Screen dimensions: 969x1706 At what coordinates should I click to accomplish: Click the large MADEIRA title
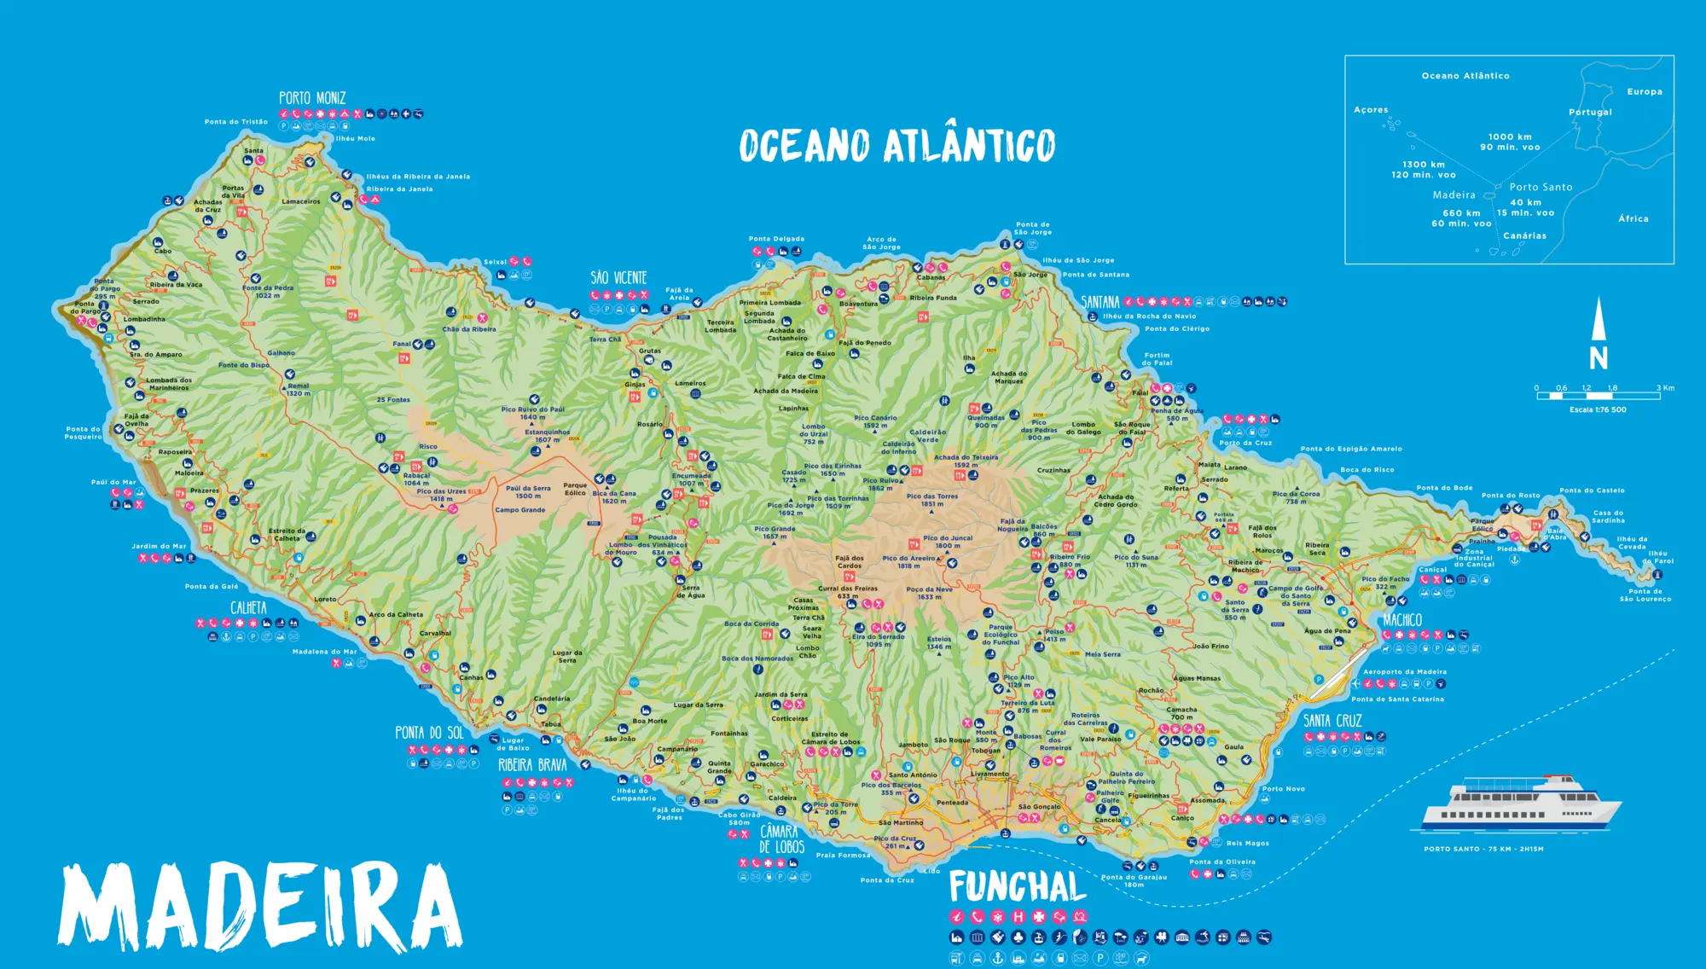point(260,906)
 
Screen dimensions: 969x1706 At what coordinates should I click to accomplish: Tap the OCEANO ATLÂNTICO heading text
point(897,146)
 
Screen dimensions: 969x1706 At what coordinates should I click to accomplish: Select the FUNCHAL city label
point(1018,887)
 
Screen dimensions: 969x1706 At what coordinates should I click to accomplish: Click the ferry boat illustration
point(1521,804)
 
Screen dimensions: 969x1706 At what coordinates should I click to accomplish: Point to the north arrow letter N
point(1599,359)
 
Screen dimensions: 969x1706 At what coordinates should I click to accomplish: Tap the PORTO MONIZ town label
point(312,98)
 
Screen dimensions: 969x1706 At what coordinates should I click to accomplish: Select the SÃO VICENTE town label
point(618,278)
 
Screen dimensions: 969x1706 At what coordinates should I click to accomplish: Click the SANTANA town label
point(1100,302)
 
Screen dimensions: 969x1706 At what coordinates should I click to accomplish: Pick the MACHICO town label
point(1402,620)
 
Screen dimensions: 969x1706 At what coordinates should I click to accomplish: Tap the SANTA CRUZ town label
point(1332,721)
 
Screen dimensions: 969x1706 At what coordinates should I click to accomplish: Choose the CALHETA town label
point(248,608)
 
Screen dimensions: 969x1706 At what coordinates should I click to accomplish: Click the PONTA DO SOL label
point(429,733)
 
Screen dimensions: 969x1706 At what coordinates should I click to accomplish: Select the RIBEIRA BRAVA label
point(532,765)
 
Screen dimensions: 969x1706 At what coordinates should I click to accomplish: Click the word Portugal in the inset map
point(1590,113)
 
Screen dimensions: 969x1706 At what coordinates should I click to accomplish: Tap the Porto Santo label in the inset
point(1541,188)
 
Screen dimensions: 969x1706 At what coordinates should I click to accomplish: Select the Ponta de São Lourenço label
point(1645,595)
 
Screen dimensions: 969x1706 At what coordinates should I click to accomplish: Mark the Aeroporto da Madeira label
point(1404,672)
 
